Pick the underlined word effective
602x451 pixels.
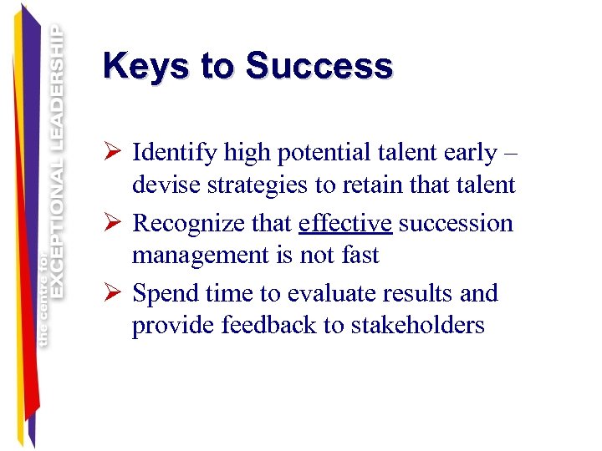point(344,224)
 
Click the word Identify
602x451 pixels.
point(171,154)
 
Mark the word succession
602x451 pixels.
point(457,224)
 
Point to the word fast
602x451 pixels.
point(361,255)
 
